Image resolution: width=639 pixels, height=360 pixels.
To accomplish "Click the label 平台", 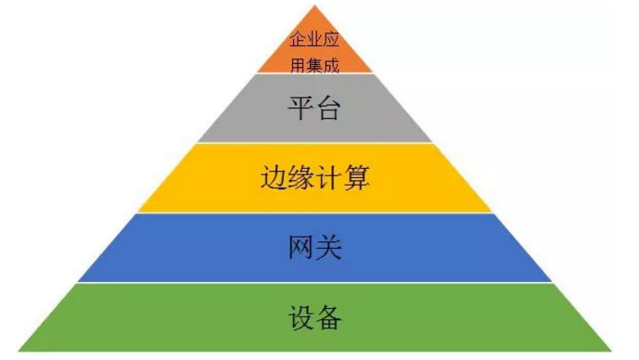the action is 315,109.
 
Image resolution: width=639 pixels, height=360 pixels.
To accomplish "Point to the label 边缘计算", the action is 315,177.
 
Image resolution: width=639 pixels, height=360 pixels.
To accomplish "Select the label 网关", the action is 315,247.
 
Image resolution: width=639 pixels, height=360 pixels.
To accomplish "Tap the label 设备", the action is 315,318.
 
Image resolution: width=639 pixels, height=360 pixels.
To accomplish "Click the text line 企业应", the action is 315,41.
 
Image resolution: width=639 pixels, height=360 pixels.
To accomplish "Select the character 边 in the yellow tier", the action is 274,177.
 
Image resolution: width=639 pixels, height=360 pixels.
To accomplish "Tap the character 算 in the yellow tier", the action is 357,177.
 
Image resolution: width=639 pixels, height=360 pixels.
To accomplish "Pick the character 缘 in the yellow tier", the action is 301,177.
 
